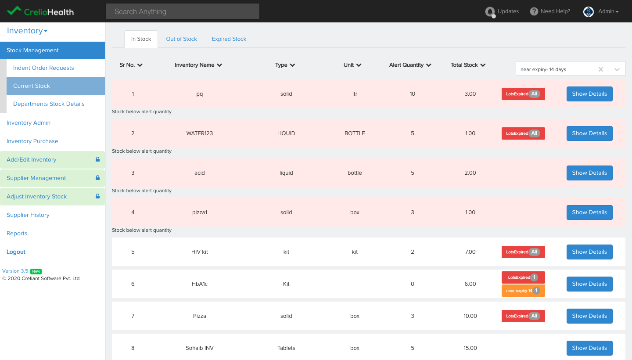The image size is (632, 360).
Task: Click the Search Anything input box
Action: [182, 11]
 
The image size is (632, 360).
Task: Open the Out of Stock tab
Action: [181, 39]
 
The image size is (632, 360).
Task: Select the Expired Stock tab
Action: [229, 39]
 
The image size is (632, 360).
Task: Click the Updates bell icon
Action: [490, 12]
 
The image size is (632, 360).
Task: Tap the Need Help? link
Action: [550, 11]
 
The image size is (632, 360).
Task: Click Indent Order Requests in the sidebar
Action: [43, 68]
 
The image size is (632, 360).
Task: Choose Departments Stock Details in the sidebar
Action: [49, 104]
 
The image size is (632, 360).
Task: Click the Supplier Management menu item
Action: [36, 178]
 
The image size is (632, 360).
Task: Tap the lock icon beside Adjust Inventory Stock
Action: [97, 197]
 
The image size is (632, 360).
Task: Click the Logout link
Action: [16, 252]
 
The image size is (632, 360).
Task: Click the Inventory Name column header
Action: [198, 65]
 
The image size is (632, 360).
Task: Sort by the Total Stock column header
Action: [467, 65]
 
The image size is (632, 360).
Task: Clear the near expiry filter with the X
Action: [601, 69]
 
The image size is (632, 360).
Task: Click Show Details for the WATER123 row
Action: [589, 133]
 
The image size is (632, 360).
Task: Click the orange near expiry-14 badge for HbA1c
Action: [523, 291]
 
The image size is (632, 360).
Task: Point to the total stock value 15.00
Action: [470, 348]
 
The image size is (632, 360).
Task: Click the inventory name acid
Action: [200, 173]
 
